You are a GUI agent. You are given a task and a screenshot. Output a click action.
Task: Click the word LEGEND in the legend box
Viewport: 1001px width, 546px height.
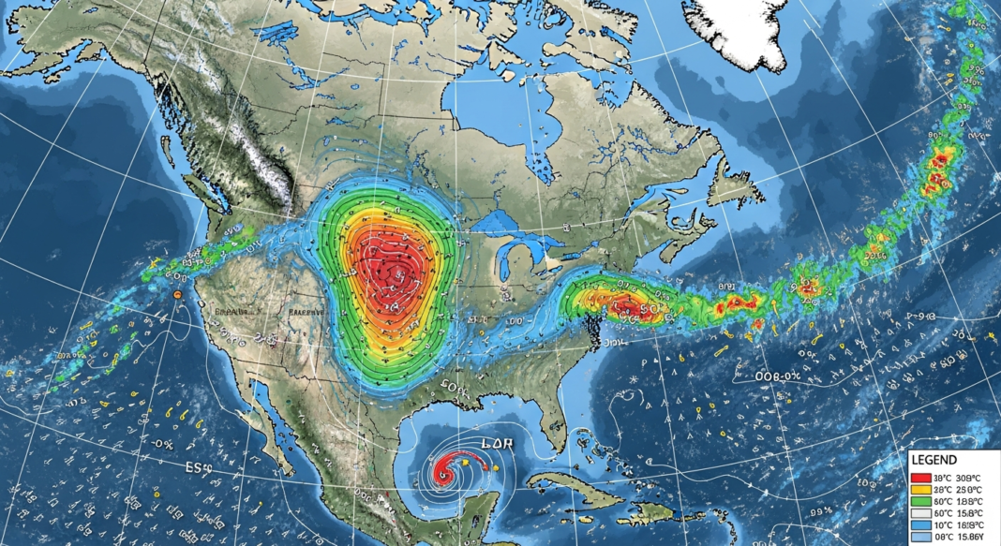(934, 460)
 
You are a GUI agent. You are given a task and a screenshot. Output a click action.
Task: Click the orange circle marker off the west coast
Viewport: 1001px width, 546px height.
(176, 295)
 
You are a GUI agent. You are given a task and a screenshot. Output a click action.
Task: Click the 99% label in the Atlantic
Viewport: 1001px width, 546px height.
(822, 511)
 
